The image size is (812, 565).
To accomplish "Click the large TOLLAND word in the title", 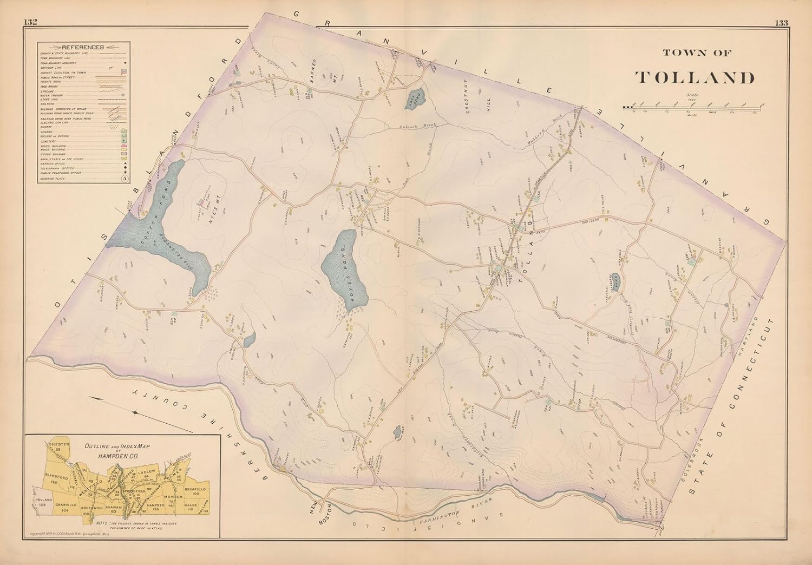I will tap(695, 77).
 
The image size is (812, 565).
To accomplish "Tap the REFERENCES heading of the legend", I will tap(82, 47).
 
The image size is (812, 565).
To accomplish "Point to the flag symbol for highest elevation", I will tap(124, 71).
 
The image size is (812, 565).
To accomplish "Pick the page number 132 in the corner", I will tap(30, 22).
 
